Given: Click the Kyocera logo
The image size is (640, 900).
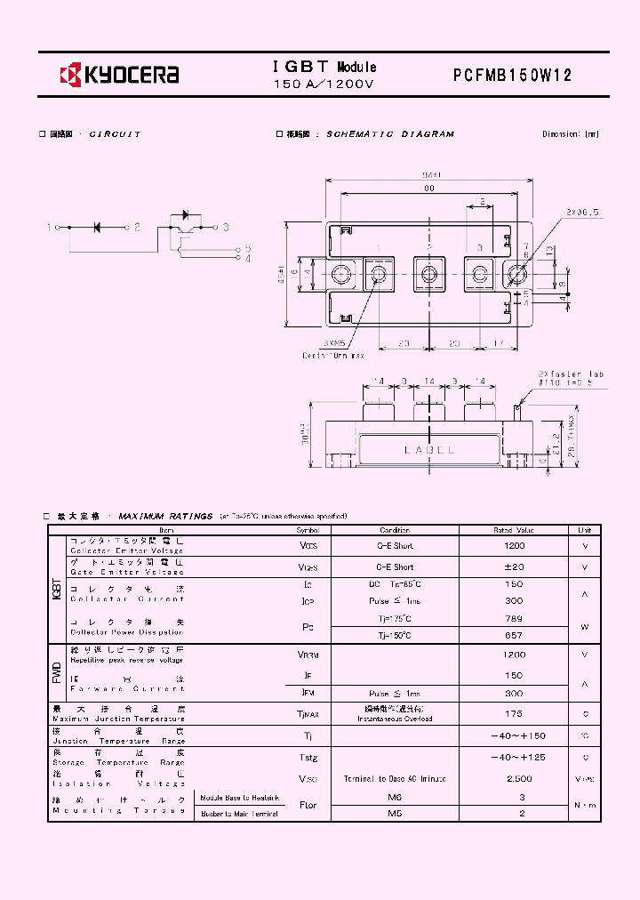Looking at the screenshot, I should click(119, 74).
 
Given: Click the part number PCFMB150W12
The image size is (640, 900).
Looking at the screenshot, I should click(513, 76).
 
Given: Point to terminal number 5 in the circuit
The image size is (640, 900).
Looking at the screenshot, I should click(248, 248).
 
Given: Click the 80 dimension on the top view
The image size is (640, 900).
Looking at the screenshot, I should click(428, 189).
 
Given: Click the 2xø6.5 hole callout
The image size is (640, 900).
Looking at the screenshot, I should click(582, 212).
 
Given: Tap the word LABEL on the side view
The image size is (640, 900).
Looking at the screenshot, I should click(429, 450).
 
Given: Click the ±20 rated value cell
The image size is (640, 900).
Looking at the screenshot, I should click(514, 567).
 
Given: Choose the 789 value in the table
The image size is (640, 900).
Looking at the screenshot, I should click(514, 618).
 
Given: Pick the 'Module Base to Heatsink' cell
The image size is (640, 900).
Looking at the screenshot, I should click(239, 799).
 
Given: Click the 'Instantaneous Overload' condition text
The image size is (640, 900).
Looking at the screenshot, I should click(396, 719).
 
